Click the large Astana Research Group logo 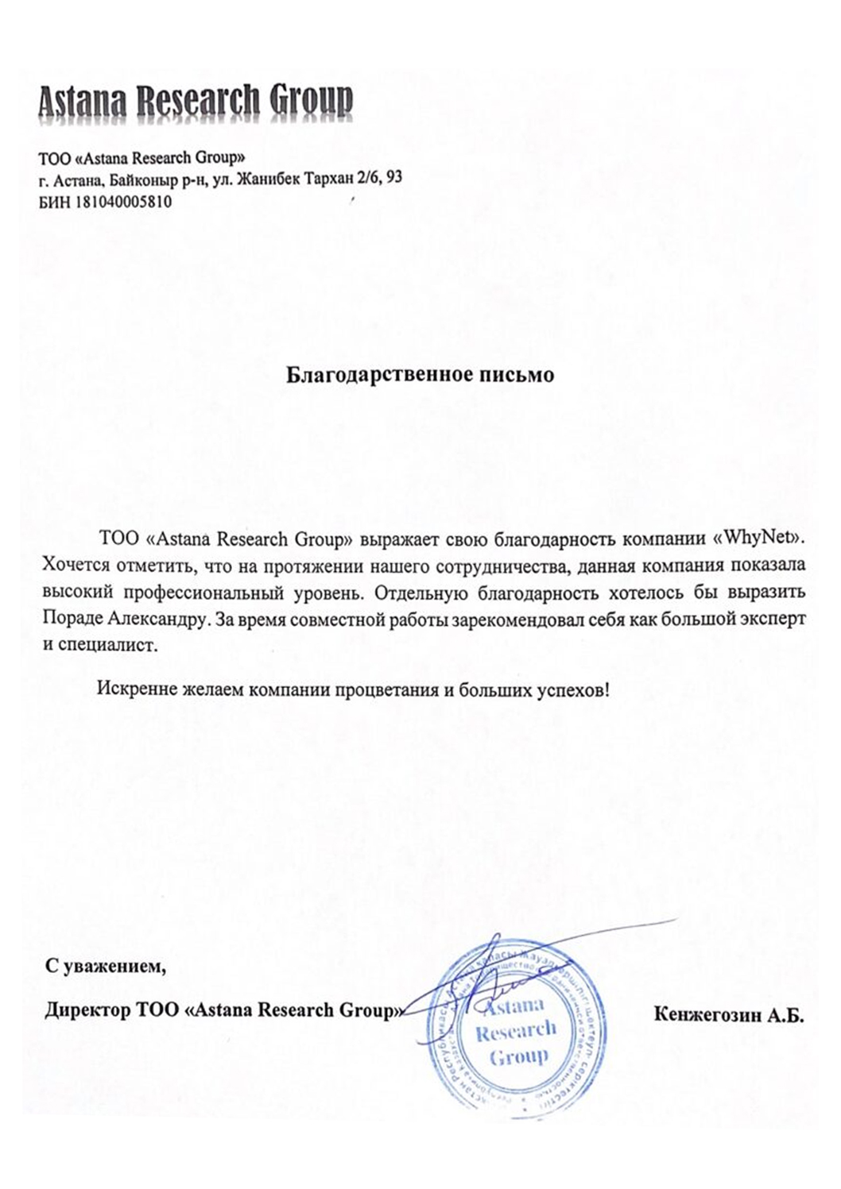(x=195, y=102)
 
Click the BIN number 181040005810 (x=123, y=203)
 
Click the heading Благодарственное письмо (x=420, y=374)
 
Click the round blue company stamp (x=512, y=1029)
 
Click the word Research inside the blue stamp (x=516, y=1031)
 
